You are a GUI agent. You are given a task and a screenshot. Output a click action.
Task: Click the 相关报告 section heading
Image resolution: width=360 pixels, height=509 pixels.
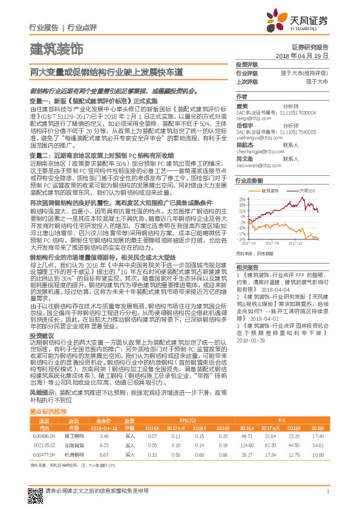point(247,267)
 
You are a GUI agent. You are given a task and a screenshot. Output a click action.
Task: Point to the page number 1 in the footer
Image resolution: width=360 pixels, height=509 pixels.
point(327,491)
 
